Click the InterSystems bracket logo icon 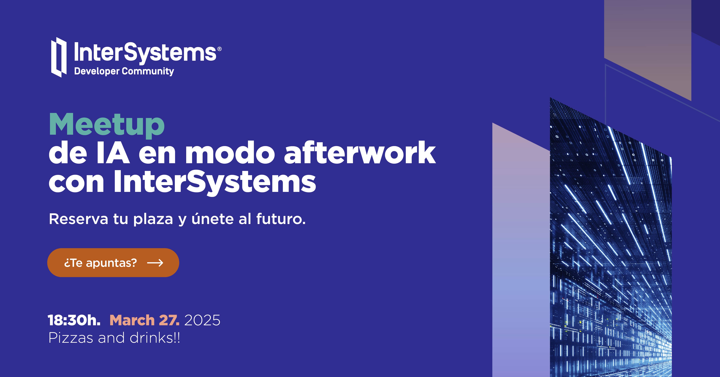pos(59,57)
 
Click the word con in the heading pos(76,182)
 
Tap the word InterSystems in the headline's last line pos(215,182)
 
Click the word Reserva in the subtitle pos(78,219)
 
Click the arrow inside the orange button pos(155,263)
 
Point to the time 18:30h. pos(74,320)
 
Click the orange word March pos(132,320)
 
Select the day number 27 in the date pos(168,320)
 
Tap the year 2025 pos(202,320)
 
